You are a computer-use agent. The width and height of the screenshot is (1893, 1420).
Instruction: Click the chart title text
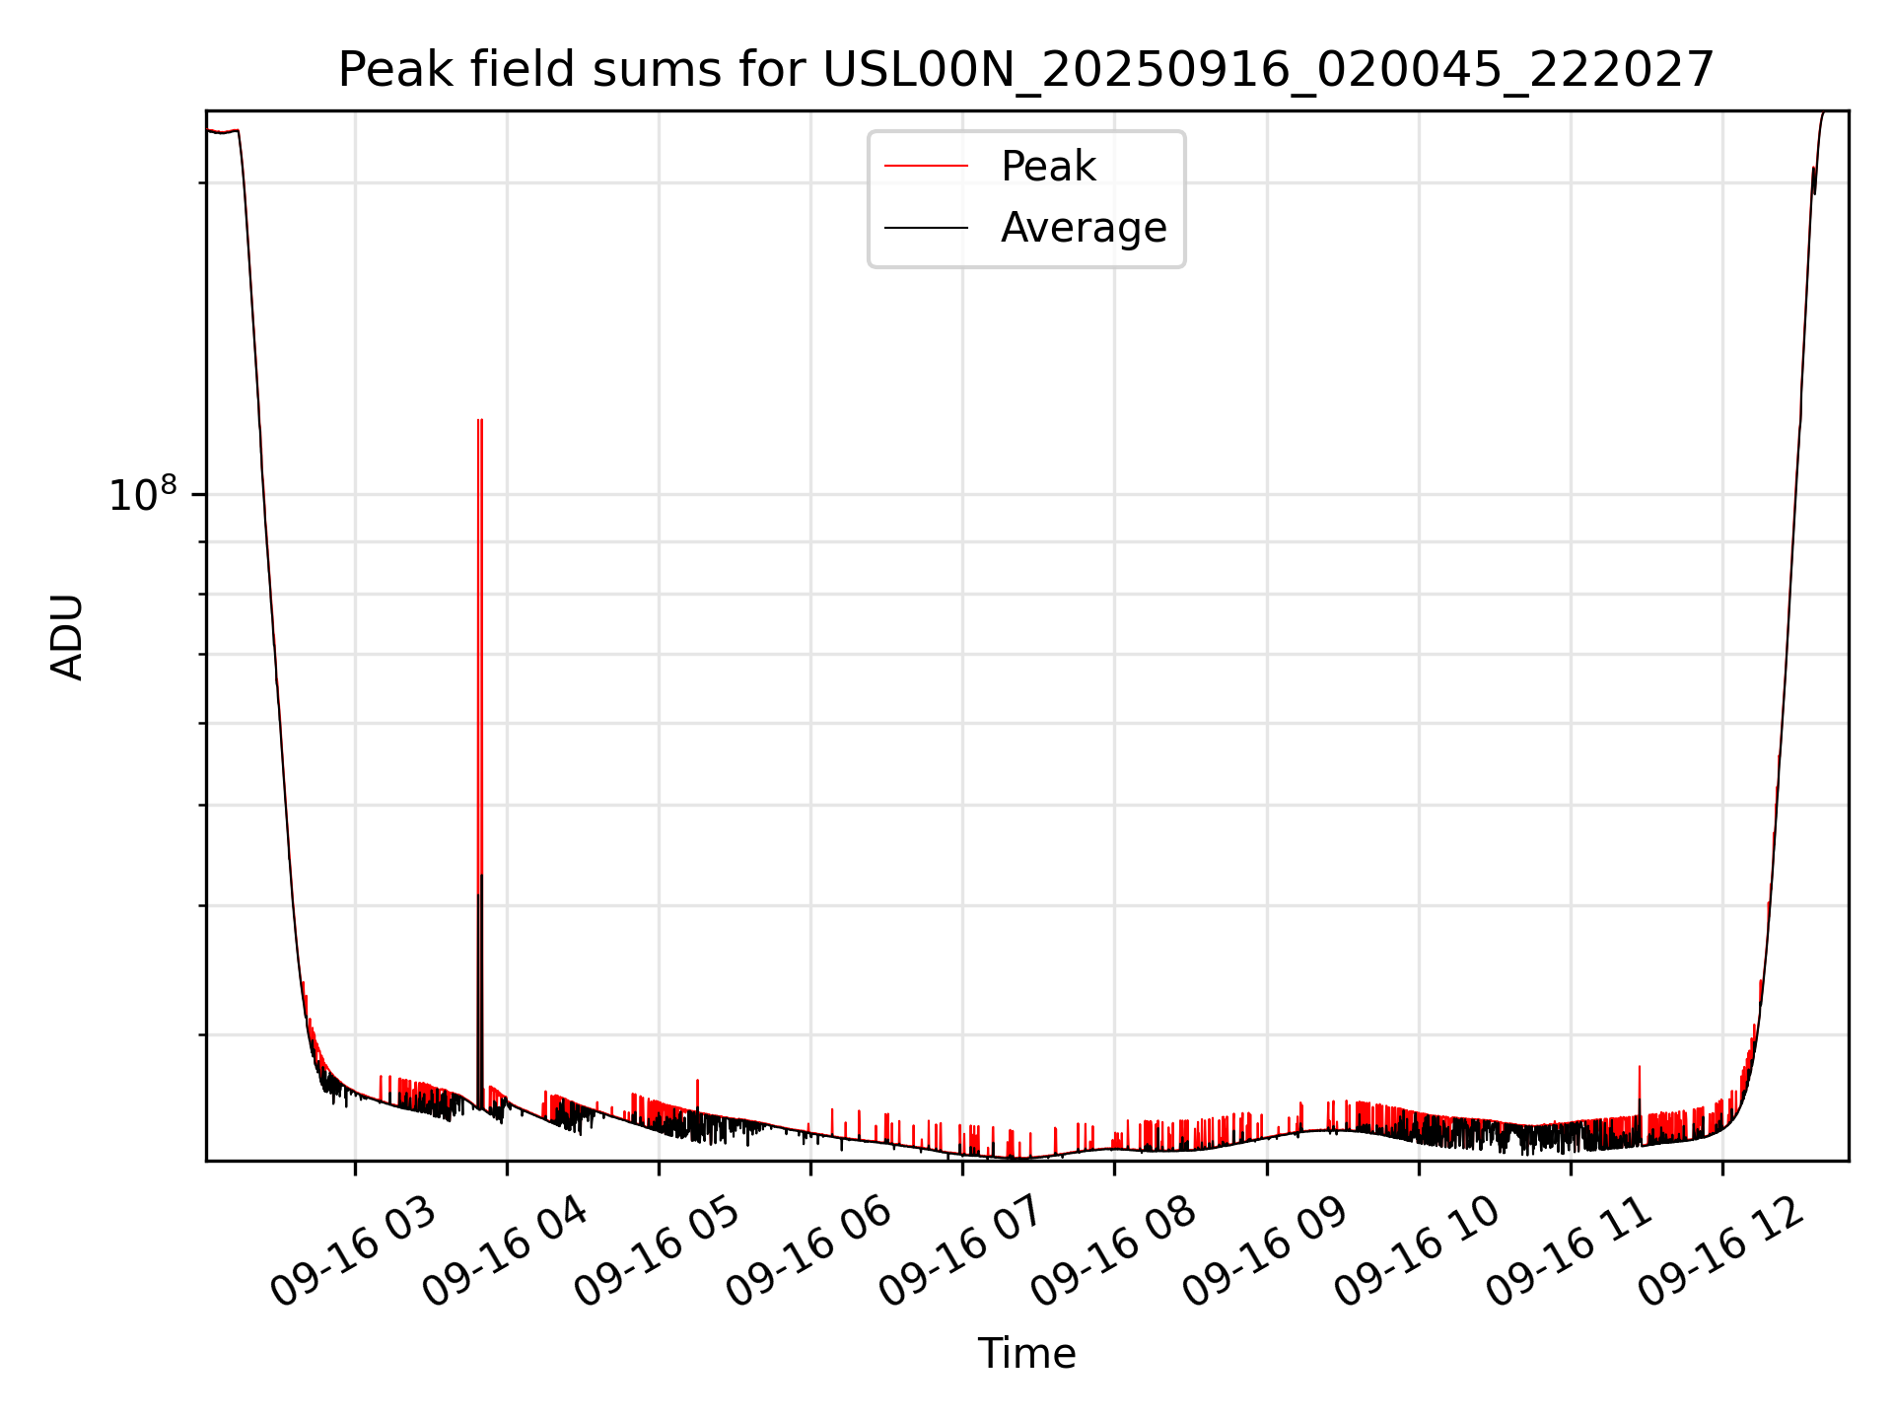pos(1025,70)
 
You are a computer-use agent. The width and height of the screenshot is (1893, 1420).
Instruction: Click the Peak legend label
pos(1047,167)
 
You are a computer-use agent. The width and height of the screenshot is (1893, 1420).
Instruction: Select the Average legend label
pos(1083,228)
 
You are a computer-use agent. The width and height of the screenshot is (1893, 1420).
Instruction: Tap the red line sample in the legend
pos(926,167)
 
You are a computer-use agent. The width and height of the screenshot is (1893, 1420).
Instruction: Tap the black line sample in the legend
pos(926,228)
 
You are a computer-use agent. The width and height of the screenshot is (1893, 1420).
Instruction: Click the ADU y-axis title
pos(67,636)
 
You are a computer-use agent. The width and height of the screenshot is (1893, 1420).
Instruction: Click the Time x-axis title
pos(1026,1353)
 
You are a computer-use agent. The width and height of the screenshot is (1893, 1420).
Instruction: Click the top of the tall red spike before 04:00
pos(480,421)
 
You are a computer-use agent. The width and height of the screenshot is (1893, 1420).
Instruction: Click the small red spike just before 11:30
pos(1640,1068)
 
